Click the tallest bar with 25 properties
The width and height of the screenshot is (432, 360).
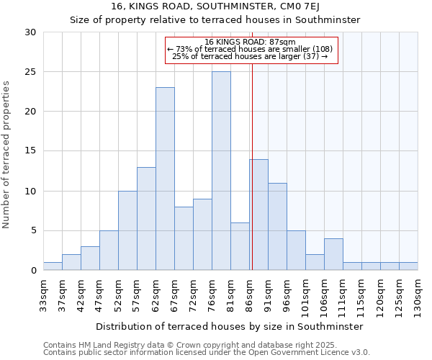[221, 171]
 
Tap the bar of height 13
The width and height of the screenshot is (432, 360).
[146, 219]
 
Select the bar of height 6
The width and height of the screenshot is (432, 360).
[240, 246]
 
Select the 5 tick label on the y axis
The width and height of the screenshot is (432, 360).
[33, 231]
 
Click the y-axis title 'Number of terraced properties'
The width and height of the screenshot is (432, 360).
[6, 155]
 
